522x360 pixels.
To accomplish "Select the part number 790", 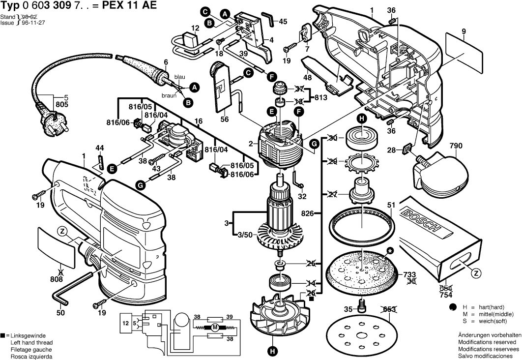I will click(x=456, y=146).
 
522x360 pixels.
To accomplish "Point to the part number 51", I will click(x=391, y=205).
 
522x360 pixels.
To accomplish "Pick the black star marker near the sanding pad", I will click(x=390, y=251).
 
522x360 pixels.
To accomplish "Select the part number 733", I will click(x=410, y=274).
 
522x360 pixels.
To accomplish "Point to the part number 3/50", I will click(x=246, y=235).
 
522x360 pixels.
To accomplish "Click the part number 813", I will click(x=320, y=97).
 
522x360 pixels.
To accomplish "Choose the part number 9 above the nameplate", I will click(x=463, y=31).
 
